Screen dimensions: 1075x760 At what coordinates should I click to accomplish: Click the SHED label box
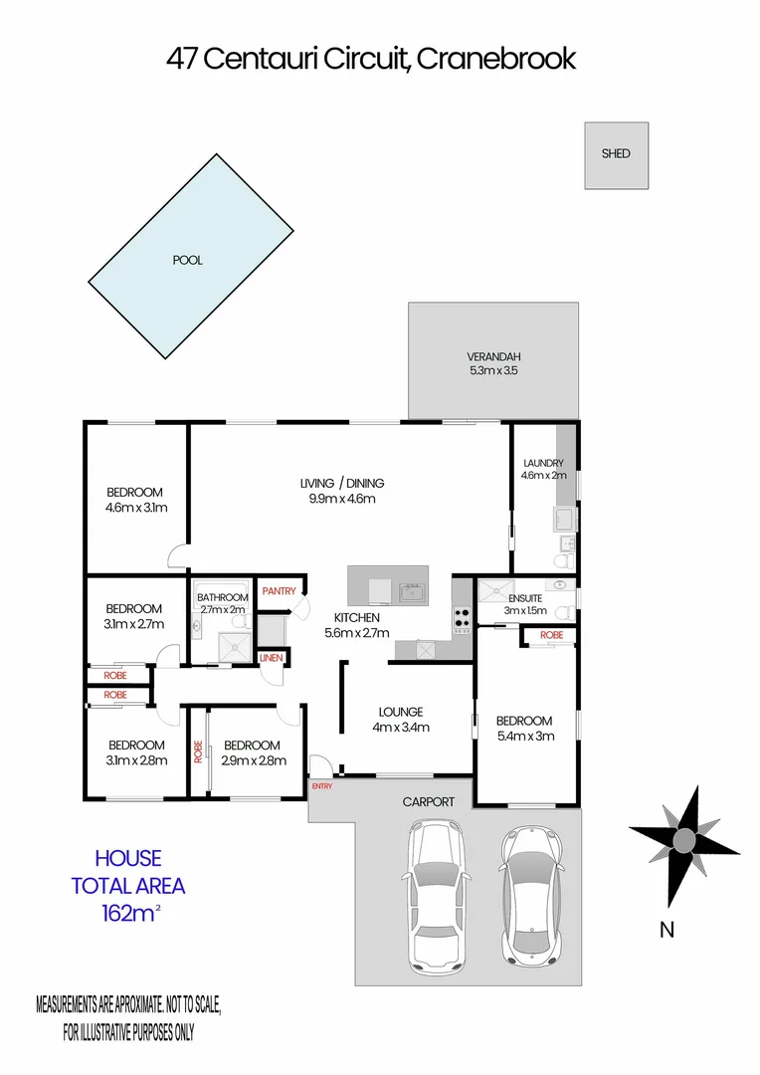[x=616, y=154]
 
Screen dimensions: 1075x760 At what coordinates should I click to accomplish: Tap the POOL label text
[x=187, y=260]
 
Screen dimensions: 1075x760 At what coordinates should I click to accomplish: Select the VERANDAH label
[x=494, y=357]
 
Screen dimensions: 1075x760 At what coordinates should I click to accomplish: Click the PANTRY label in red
[x=280, y=591]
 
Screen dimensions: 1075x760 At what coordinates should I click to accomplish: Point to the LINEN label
[x=271, y=658]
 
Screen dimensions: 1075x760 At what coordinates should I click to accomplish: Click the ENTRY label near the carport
[x=322, y=786]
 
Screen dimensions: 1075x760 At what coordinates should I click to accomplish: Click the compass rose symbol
[x=683, y=839]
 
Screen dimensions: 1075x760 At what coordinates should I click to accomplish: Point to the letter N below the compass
[x=667, y=931]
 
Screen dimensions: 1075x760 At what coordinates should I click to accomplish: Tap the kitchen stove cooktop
[x=462, y=620]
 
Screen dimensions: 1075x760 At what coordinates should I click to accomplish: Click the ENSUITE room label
[x=524, y=598]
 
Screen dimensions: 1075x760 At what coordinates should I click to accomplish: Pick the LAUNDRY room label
[x=544, y=463]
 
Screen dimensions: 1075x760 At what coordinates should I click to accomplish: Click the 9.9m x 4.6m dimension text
[x=341, y=499]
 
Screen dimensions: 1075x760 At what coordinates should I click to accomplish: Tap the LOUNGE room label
[x=401, y=712]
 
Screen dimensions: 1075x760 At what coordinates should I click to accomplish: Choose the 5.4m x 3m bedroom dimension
[x=524, y=737]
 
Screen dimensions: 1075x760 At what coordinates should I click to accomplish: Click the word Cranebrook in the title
[x=495, y=59]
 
